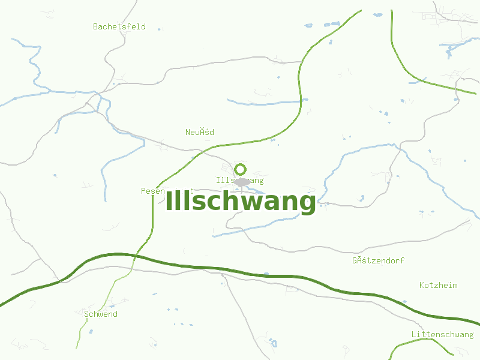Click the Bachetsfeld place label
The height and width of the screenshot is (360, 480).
[119, 26]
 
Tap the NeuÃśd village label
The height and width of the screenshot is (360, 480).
[199, 132]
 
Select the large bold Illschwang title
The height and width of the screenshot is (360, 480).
[240, 202]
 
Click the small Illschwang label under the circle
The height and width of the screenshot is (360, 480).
[239, 181]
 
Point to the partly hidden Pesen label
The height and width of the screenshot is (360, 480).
[152, 191]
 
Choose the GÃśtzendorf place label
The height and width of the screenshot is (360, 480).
[378, 260]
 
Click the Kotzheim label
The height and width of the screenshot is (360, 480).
[438, 285]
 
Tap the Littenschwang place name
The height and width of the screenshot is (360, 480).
[442, 334]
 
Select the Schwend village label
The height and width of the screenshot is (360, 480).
[101, 314]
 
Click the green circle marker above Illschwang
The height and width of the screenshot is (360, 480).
[240, 169]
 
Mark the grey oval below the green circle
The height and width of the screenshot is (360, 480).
[242, 182]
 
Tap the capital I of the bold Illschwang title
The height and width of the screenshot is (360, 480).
[169, 201]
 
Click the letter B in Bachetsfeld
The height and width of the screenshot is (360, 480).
[95, 26]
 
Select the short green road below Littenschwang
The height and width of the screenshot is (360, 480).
[408, 343]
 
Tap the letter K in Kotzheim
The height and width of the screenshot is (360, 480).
[422, 285]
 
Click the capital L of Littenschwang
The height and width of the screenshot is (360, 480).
[414, 334]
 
